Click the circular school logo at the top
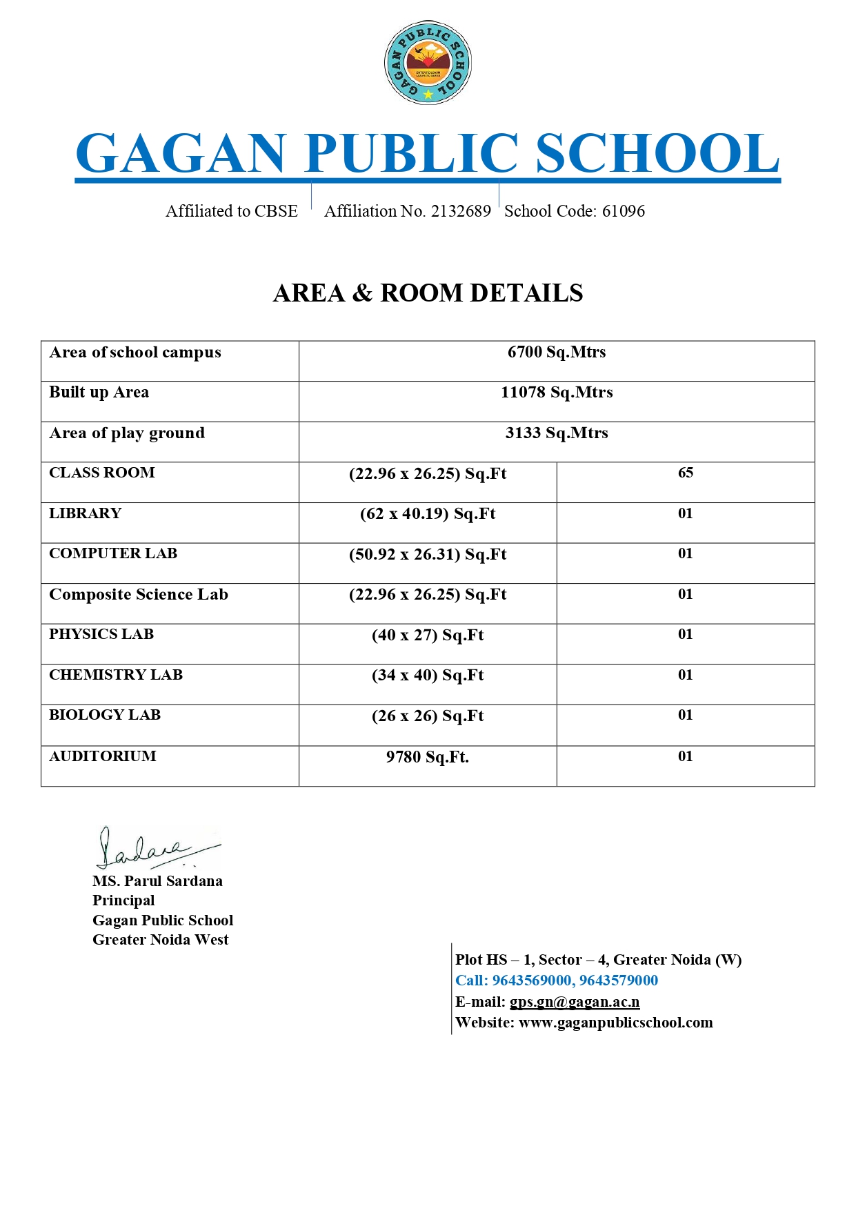pos(428,62)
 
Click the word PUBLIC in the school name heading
pos(411,153)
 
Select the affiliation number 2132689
pos(461,211)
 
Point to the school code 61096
pos(623,211)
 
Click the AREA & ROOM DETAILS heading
pos(428,293)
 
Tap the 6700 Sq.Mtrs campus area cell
pos(557,353)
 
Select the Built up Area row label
pos(99,393)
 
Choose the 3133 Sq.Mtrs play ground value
pos(557,433)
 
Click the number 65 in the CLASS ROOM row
pos(685,473)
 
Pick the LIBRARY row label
pos(85,513)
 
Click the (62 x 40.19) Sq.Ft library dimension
pos(428,514)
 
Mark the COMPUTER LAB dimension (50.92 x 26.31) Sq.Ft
pos(428,555)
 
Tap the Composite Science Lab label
pos(138,595)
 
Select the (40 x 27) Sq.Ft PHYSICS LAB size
pos(428,636)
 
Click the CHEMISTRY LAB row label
pos(115,675)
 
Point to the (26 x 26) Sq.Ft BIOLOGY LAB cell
pos(428,716)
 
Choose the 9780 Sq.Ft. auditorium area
pos(428,758)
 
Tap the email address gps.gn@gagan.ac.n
pos(575,1002)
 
